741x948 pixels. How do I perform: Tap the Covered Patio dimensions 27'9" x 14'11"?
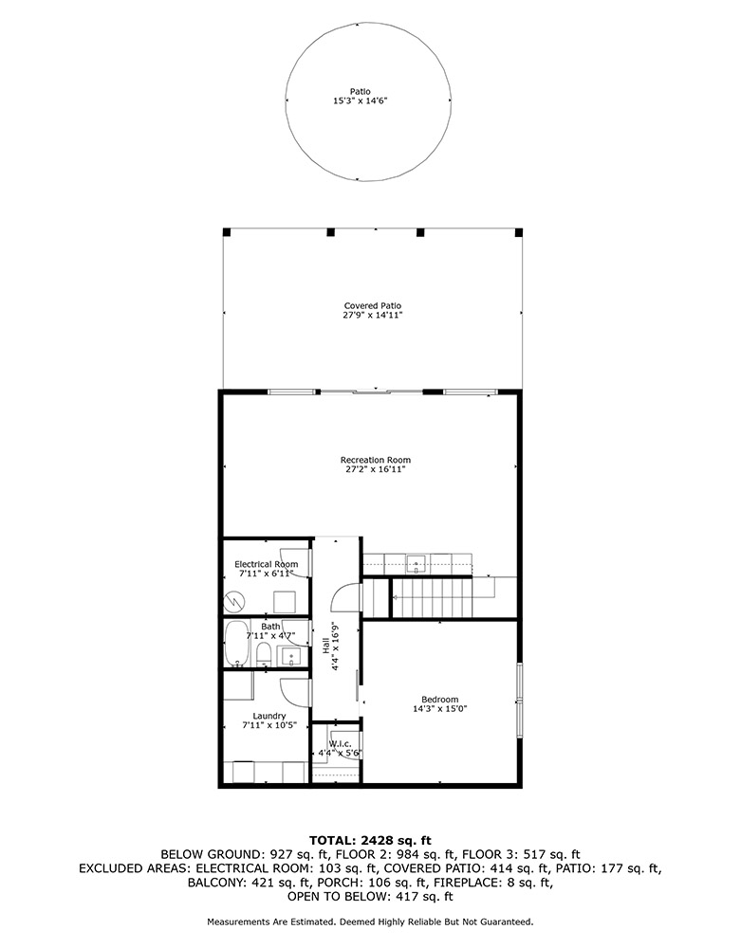pos(373,315)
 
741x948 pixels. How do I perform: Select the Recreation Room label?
pos(376,460)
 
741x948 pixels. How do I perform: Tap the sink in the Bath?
pos(292,656)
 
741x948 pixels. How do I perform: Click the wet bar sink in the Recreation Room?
pos(416,566)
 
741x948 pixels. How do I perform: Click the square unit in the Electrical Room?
pos(283,601)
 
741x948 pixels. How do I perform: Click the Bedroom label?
pos(439,700)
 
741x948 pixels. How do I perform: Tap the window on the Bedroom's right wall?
pos(519,700)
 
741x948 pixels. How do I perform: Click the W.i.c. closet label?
pos(341,744)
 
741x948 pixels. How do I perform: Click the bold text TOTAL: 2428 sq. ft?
pos(370,839)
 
